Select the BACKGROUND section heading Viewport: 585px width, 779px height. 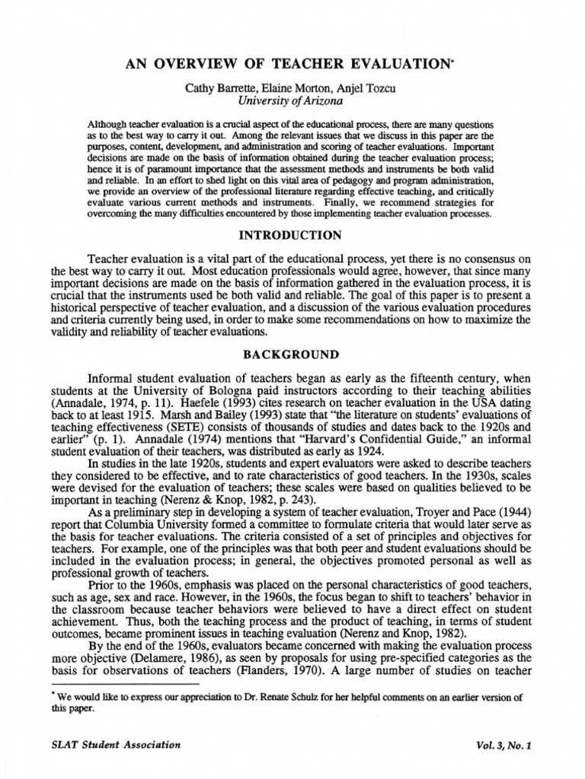[292, 354]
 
